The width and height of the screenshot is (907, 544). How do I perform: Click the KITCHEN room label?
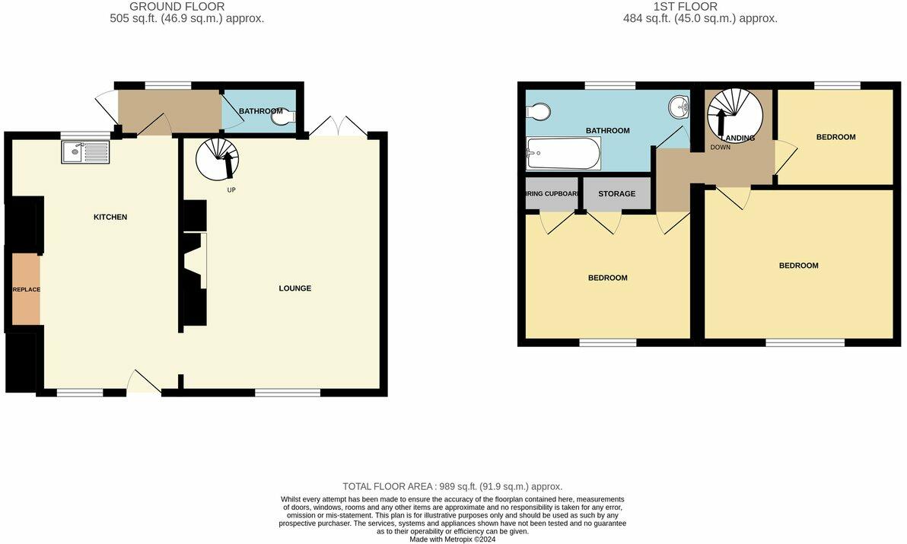point(110,218)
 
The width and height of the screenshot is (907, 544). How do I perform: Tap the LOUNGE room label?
point(294,288)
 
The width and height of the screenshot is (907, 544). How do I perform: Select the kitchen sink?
point(85,153)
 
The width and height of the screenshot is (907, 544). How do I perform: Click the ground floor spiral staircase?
point(217,158)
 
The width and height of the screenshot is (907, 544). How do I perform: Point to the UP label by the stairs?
point(231,189)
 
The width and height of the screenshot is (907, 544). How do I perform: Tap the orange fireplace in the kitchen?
point(25,290)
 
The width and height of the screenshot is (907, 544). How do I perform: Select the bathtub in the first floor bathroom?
point(563,154)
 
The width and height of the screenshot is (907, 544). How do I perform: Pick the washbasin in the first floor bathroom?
point(678,107)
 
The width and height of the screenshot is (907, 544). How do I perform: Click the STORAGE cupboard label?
point(616,194)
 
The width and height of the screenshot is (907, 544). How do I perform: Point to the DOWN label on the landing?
point(720,148)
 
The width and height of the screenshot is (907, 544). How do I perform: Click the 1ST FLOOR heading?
point(697,7)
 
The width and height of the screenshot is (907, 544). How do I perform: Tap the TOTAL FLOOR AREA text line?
point(452,486)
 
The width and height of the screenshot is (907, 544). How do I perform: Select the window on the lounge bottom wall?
point(288,393)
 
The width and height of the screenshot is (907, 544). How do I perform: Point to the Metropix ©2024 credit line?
point(453,539)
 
